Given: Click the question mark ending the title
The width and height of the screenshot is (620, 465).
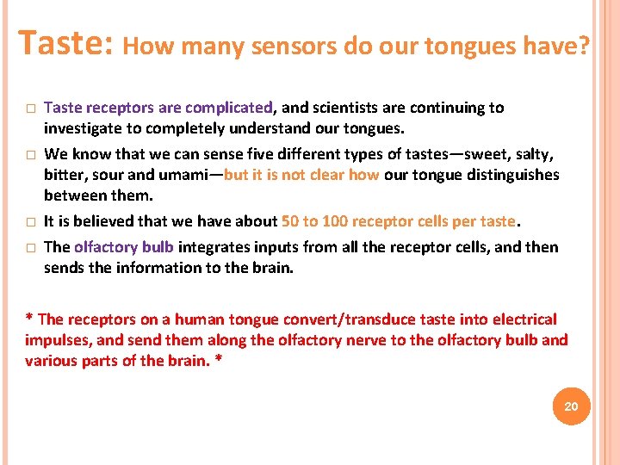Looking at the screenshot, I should click(x=585, y=46).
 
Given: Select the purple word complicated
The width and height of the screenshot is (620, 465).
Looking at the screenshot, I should click(x=228, y=108).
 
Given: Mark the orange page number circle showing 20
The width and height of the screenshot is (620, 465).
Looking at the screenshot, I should click(x=571, y=406).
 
